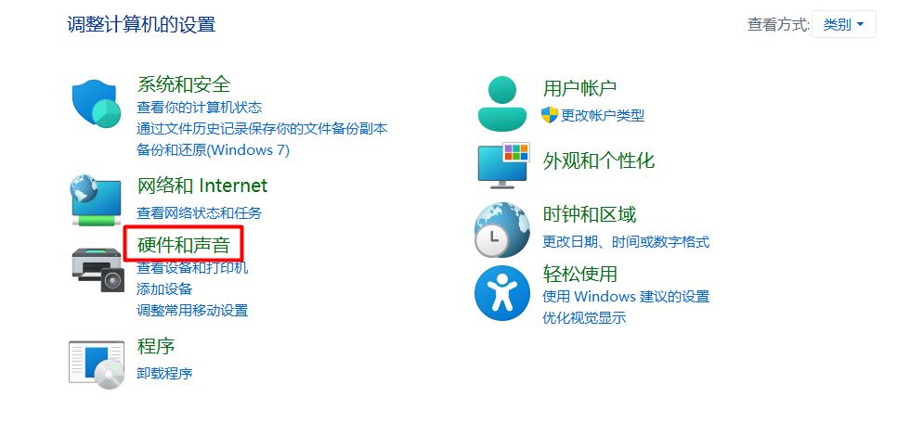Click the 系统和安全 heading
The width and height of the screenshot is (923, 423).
(184, 84)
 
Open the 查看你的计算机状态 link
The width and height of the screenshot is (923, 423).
(199, 108)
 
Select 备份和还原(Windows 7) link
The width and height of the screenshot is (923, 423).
(213, 149)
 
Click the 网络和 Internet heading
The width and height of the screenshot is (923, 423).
(201, 186)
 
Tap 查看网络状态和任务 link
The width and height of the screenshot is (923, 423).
(199, 212)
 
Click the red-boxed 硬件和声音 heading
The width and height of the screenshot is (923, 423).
(184, 245)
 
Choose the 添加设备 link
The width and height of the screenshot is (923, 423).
(164, 288)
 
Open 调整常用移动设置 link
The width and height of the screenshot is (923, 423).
(192, 310)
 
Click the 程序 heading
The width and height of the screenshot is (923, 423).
(156, 346)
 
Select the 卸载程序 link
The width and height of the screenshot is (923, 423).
(164, 373)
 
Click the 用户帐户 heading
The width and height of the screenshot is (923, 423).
(579, 88)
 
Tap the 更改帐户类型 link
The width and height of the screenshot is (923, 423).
(602, 115)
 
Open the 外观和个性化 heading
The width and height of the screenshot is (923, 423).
(599, 160)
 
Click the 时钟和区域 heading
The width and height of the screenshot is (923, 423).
(590, 214)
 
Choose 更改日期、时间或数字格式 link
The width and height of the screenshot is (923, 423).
(626, 241)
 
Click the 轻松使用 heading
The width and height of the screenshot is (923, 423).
(580, 274)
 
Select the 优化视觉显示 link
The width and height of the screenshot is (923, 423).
(584, 318)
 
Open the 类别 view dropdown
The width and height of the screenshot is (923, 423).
(843, 25)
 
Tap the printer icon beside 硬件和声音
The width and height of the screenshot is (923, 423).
(97, 268)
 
